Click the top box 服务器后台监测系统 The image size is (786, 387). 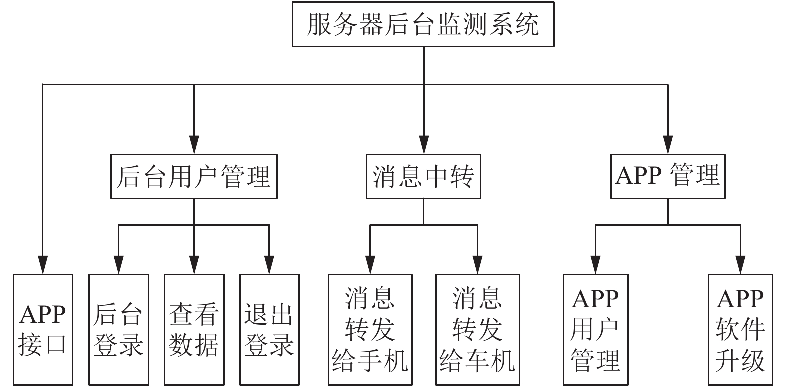coord(423,24)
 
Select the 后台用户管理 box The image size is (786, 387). coord(194,177)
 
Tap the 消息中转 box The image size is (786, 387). coord(423,177)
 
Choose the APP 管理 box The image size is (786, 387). coord(668,177)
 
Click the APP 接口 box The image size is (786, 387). coord(43,330)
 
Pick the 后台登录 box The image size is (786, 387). coord(119,330)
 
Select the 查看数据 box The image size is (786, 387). coord(194,330)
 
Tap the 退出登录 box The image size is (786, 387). coord(269,330)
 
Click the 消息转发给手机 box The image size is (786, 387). coord(370,330)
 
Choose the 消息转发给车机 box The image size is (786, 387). coord(478,330)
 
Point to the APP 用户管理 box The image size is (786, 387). coord(595,330)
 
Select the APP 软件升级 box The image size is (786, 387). coord(740,330)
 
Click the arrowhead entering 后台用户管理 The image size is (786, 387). coord(194,145)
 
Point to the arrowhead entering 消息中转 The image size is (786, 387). coord(424,145)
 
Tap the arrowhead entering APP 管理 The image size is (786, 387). coord(668,145)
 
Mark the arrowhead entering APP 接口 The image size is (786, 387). coord(43,265)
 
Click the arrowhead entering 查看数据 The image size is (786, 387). coord(194,265)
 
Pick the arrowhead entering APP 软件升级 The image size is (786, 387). coord(740,265)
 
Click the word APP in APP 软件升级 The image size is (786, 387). coord(740,299)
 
